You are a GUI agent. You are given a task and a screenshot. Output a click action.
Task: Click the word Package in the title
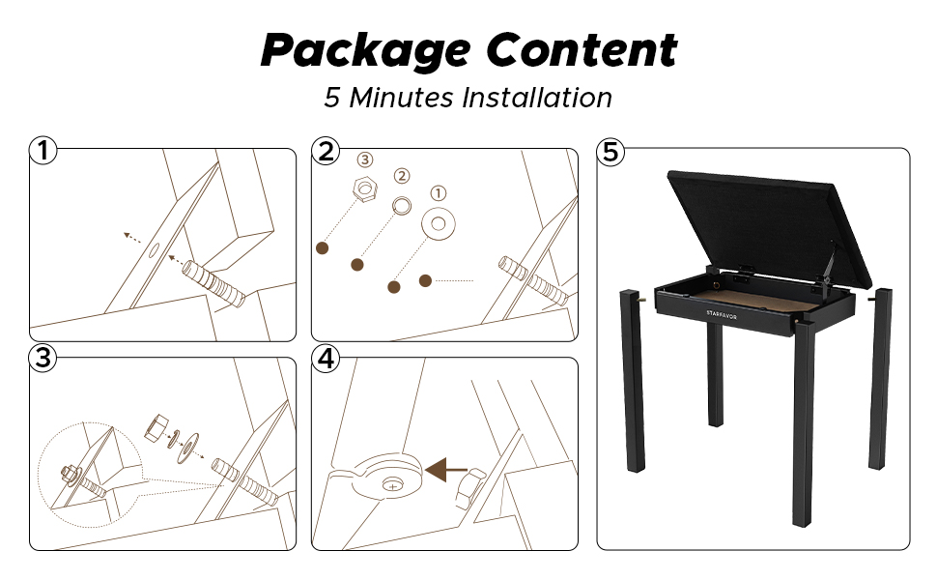point(366,50)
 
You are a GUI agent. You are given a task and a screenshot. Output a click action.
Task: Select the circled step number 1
point(43,150)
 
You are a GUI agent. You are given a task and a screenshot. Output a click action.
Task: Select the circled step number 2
point(326,151)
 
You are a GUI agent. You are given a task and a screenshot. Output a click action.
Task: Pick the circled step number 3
point(43,358)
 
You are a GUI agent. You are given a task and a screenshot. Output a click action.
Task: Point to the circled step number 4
point(326,359)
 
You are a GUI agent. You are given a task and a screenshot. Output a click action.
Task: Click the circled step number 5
point(610,151)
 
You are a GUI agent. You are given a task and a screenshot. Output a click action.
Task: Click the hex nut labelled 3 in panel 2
point(364,188)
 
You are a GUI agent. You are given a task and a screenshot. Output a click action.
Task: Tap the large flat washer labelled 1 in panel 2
point(438,224)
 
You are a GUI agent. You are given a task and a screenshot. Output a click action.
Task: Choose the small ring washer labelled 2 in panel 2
point(402,206)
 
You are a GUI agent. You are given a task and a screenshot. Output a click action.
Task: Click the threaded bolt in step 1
point(213,283)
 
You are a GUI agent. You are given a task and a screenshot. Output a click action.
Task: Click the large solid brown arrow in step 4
point(446,470)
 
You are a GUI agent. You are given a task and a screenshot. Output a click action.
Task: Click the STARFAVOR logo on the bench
point(722,314)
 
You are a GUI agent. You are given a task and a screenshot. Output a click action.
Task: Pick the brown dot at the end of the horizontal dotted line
point(425,280)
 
